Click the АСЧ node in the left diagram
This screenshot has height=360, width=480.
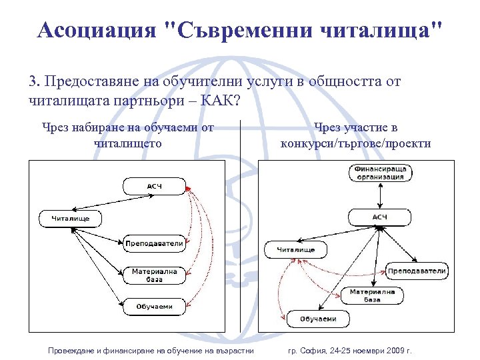[x=153, y=185]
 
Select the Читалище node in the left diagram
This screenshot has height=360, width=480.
[x=71, y=218]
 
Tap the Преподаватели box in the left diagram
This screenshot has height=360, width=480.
[x=154, y=243]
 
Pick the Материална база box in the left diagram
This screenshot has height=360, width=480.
[x=154, y=275]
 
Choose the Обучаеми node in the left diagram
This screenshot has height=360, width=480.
[x=154, y=307]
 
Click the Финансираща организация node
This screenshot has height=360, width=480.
[x=379, y=173]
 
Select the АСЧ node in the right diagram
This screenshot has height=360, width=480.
[x=379, y=217]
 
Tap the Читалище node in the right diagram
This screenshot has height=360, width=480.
[x=296, y=249]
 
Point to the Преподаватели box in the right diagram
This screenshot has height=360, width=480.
[x=417, y=271]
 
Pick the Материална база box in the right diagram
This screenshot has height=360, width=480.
[x=372, y=295]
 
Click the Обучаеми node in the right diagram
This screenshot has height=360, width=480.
[x=318, y=319]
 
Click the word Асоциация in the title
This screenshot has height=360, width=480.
[x=97, y=30]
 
